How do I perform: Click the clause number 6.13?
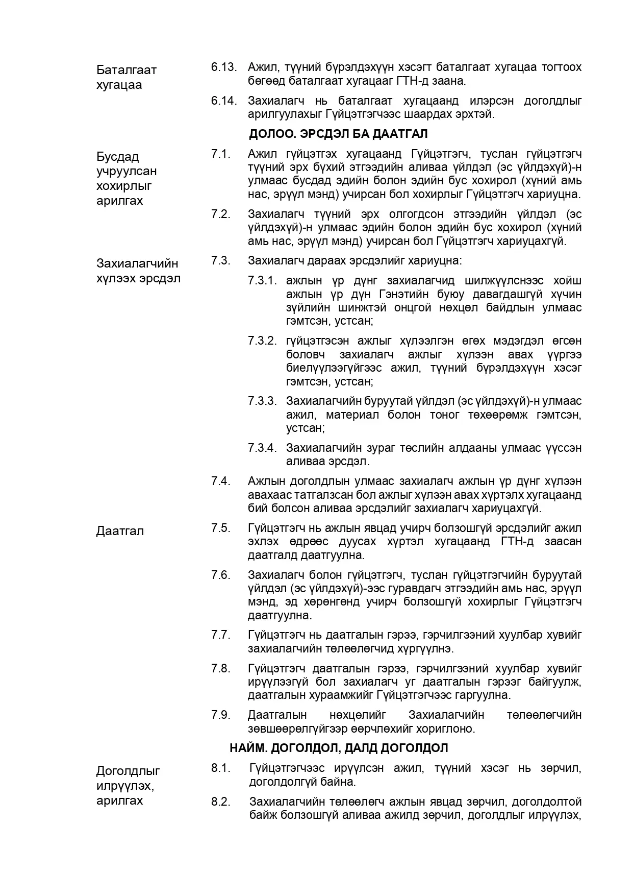tap(224, 67)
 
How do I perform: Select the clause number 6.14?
tap(224, 101)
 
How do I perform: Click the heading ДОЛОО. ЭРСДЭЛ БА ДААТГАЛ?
tap(338, 134)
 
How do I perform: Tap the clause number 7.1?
tap(221, 154)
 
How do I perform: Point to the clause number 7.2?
tap(221, 214)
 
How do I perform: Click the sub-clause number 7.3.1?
tap(262, 281)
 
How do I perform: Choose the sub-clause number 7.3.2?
tap(262, 341)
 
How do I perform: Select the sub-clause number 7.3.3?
tap(262, 401)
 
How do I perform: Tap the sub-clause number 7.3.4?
tap(262, 448)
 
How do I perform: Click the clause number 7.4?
tap(221, 481)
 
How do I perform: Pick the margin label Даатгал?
tap(120, 531)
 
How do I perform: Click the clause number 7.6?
tap(221, 575)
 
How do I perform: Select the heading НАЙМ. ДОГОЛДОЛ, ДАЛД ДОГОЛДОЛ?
tap(339, 748)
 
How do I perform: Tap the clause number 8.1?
tap(221, 768)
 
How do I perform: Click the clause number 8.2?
tap(221, 802)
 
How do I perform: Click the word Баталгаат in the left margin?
tap(126, 70)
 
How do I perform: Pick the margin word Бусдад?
tap(118, 157)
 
